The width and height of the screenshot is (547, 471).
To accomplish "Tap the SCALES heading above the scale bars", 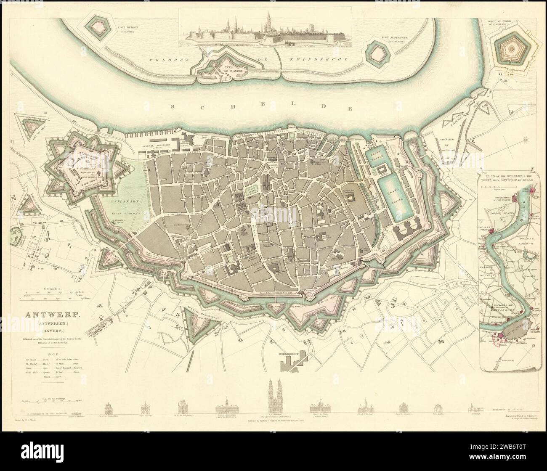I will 53,289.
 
